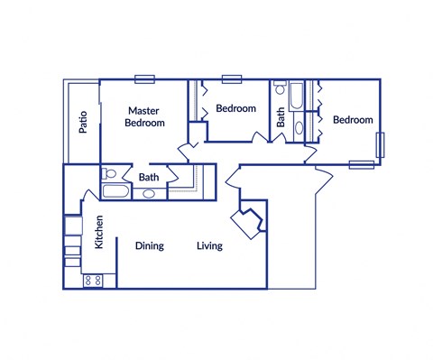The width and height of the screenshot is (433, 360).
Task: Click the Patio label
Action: click(x=82, y=121)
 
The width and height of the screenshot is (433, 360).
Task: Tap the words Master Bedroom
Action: click(x=144, y=116)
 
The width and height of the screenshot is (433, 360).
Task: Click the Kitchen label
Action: click(x=99, y=231)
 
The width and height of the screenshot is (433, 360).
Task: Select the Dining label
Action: click(x=149, y=246)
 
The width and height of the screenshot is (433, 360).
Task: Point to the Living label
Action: click(x=209, y=246)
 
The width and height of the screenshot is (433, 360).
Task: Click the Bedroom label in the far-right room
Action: click(x=352, y=120)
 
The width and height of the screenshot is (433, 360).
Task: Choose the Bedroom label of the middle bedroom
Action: click(x=235, y=109)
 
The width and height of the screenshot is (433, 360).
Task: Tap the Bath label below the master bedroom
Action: click(x=149, y=178)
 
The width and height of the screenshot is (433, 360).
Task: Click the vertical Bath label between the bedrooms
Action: click(x=281, y=116)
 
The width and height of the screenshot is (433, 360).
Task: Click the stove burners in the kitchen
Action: click(x=93, y=281)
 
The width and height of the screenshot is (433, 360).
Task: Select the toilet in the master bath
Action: click(x=108, y=173)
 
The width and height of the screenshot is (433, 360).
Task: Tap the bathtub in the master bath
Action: click(x=115, y=190)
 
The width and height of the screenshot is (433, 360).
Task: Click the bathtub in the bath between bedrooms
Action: click(x=299, y=95)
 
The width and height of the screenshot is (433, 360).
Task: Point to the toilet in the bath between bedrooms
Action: click(x=299, y=127)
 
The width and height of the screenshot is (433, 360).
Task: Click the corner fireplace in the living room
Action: click(x=246, y=220)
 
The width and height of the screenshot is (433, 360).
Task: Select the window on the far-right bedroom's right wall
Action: click(x=381, y=143)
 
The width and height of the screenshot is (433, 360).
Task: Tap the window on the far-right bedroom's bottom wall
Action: click(x=361, y=164)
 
